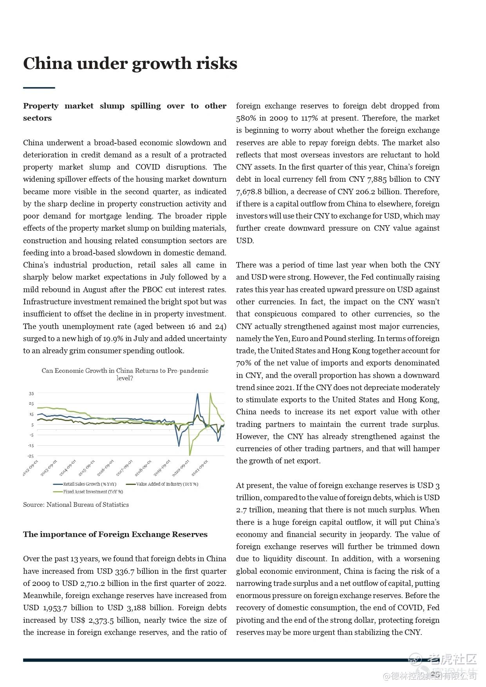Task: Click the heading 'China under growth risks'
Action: (130, 64)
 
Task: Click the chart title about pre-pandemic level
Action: (125, 374)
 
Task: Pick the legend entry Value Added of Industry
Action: (167, 484)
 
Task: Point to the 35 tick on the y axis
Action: (31, 393)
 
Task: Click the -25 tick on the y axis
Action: (31, 456)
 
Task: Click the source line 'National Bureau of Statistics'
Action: (76, 504)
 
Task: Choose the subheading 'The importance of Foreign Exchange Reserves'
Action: (115, 534)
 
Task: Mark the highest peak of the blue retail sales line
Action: (197, 394)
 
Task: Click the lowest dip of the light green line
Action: (190, 455)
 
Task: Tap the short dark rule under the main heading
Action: (39, 88)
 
